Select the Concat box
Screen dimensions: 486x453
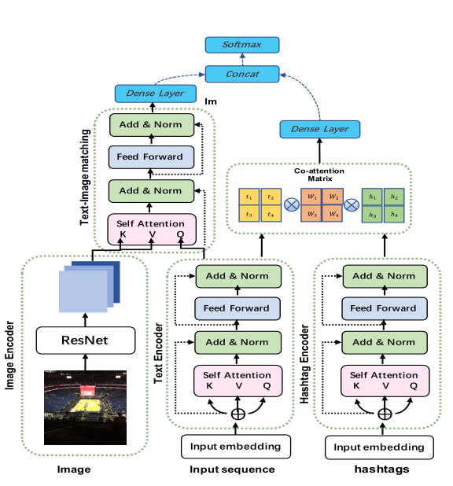pyautogui.click(x=242, y=74)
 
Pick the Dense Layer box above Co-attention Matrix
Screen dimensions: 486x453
pyautogui.click(x=320, y=128)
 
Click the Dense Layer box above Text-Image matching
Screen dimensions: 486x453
pyautogui.click(x=149, y=93)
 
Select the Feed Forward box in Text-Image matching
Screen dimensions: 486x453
pyautogui.click(x=149, y=156)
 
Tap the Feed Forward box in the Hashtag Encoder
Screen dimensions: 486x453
pyautogui.click(x=384, y=308)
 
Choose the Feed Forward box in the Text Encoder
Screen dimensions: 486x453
pyautogui.click(x=236, y=308)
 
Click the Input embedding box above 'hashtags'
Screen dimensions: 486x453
pyautogui.click(x=379, y=447)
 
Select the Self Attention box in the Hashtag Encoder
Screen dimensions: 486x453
pyautogui.click(x=384, y=381)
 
